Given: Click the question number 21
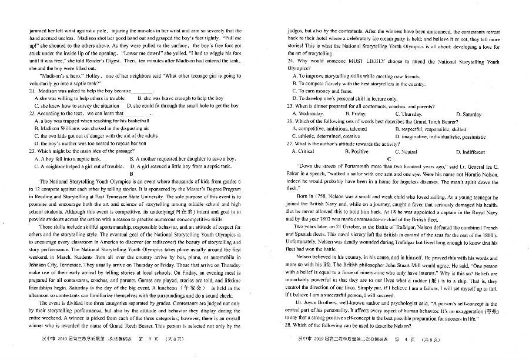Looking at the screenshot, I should coord(22,91).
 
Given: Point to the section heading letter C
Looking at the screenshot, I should coord(389,159).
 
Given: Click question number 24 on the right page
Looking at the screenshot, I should coord(290,61).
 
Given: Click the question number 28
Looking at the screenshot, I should coord(290,325).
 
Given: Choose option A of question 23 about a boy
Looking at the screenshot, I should coord(62,159).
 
